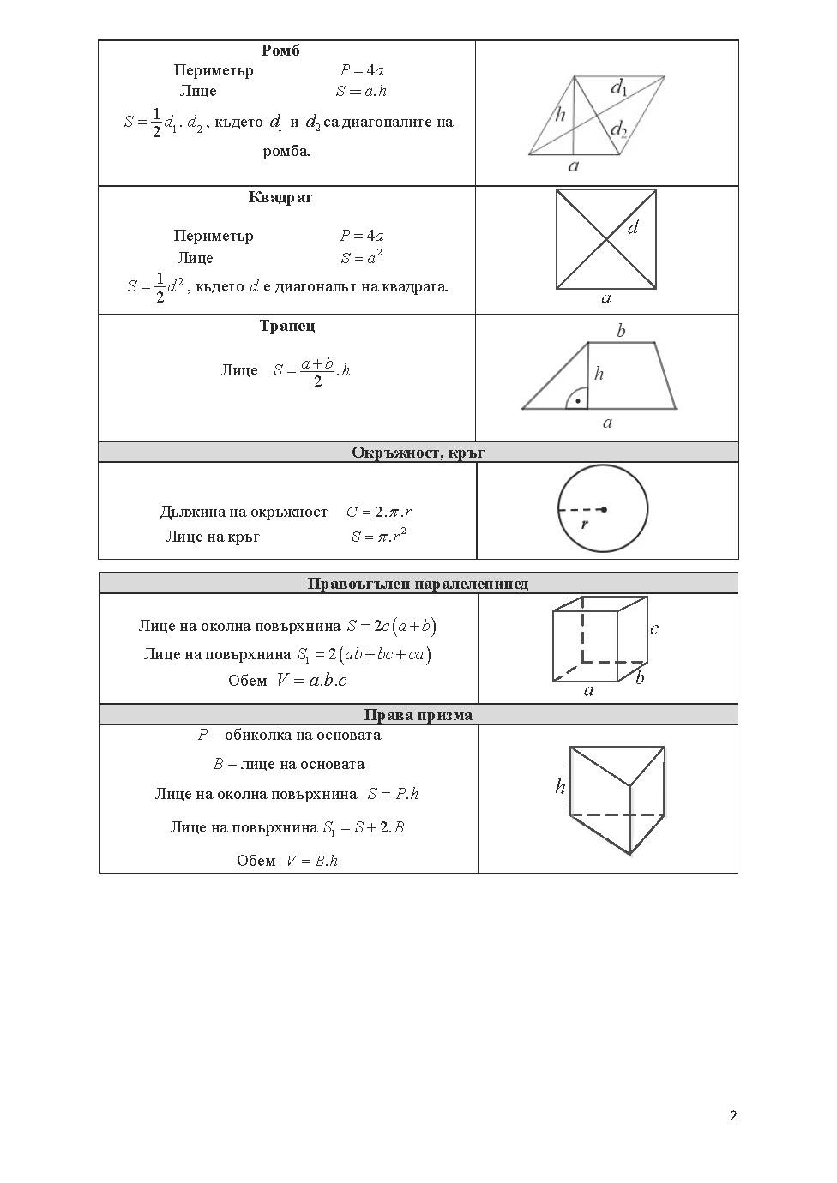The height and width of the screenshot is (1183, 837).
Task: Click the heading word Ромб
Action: click(280, 51)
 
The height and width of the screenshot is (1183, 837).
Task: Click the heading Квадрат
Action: click(280, 197)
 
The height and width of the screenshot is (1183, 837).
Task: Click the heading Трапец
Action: click(287, 326)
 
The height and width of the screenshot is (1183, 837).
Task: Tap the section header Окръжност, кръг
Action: click(418, 453)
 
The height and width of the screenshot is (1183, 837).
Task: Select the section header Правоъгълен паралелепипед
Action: click(418, 584)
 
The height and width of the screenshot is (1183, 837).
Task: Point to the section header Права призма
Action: click(418, 715)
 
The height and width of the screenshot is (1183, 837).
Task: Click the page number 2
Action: click(733, 1115)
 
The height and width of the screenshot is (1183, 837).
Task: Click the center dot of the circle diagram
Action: click(604, 509)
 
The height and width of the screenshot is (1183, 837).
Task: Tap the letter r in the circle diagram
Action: click(585, 523)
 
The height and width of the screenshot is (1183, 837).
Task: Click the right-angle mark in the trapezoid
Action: click(577, 400)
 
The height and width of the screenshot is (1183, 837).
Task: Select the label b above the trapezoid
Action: click(621, 331)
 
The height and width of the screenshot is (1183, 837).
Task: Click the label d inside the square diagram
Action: click(634, 228)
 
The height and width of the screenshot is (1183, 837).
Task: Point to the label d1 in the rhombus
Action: click(619, 87)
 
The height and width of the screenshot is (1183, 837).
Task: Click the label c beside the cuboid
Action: click(654, 629)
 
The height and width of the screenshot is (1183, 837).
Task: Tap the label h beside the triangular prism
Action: click(560, 786)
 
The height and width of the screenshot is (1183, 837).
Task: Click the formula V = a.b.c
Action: click(310, 681)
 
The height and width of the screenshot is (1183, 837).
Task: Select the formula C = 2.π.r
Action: click(379, 512)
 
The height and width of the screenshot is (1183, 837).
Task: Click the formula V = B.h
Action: click(312, 861)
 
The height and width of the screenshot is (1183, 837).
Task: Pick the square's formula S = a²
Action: click(361, 258)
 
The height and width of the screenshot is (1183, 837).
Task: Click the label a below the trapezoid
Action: click(607, 423)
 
